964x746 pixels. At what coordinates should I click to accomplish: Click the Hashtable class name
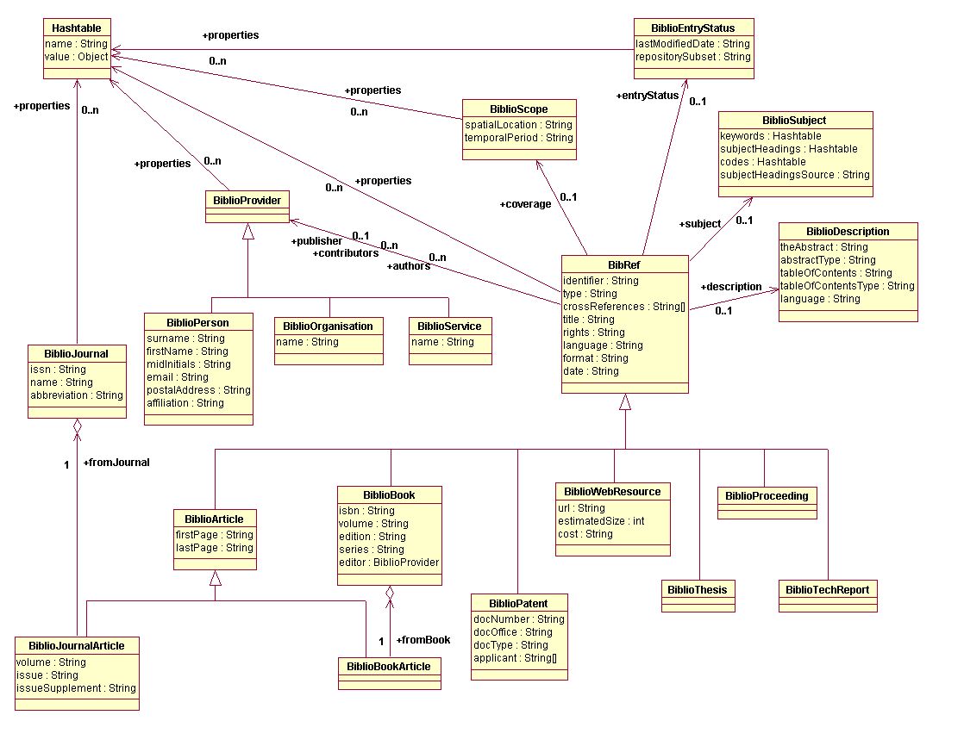[x=77, y=28]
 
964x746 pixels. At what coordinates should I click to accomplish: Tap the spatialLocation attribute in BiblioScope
[x=518, y=125]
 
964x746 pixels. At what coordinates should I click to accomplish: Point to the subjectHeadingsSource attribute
[x=794, y=175]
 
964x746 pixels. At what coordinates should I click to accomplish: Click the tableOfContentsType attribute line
[x=847, y=286]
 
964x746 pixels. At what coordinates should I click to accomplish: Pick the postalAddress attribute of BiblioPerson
[x=198, y=390]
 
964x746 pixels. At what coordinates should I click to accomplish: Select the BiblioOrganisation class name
[x=329, y=326]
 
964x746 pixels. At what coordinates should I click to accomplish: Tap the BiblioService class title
[x=449, y=326]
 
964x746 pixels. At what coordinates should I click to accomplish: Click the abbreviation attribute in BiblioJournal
[x=76, y=395]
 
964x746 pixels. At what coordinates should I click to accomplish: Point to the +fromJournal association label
[x=116, y=463]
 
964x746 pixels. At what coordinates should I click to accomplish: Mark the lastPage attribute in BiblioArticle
[x=215, y=548]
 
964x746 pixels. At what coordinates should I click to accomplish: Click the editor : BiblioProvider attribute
[x=390, y=563]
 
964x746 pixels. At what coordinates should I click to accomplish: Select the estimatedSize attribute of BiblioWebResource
[x=601, y=521]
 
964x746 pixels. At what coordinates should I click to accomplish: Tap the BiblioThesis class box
[x=698, y=590]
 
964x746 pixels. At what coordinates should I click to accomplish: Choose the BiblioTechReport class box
[x=828, y=590]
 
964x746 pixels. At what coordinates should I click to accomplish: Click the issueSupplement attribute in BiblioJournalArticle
[x=76, y=688]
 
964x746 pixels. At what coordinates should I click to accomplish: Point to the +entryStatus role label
[x=648, y=95]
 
